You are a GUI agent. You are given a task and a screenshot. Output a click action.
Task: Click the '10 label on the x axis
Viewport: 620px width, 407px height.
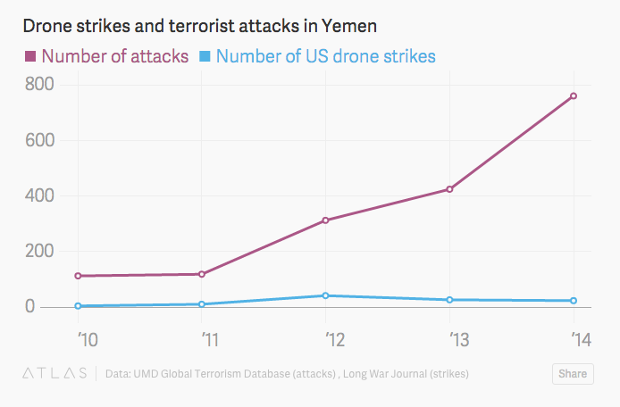pyautogui.click(x=88, y=339)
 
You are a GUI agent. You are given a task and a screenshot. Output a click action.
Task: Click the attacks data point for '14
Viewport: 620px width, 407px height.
pyautogui.click(x=574, y=96)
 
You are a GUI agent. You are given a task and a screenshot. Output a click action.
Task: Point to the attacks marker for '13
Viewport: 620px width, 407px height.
pyautogui.click(x=449, y=189)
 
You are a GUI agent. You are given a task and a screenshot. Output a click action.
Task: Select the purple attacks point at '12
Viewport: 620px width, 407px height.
pyautogui.click(x=326, y=220)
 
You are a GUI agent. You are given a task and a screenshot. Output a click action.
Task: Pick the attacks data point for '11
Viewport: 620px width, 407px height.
pyautogui.click(x=202, y=274)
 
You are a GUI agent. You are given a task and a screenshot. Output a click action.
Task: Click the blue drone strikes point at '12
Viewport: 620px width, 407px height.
pyautogui.click(x=326, y=295)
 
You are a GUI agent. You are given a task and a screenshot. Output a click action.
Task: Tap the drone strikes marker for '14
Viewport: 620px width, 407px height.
pyautogui.click(x=574, y=301)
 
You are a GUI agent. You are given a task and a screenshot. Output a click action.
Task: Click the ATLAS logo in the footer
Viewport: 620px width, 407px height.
pyautogui.click(x=54, y=373)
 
